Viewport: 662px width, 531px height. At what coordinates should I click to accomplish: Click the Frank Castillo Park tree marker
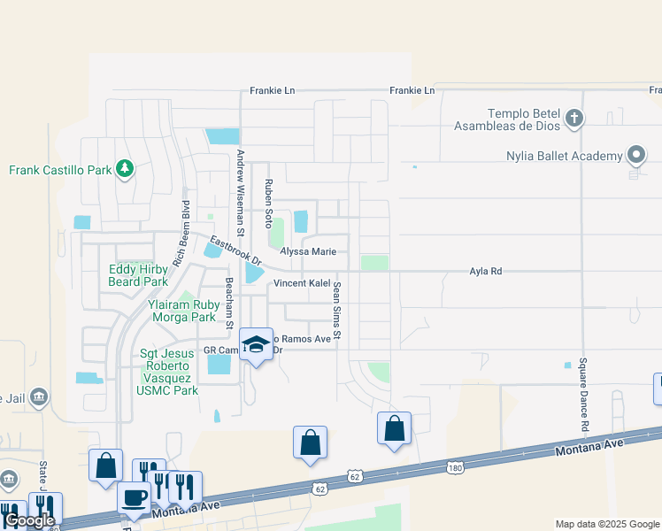coord(125,169)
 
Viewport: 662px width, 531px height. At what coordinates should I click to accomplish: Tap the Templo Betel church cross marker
coord(574,119)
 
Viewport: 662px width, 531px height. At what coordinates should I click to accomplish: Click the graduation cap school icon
coord(256,345)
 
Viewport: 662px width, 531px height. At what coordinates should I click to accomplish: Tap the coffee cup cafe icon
coord(135,498)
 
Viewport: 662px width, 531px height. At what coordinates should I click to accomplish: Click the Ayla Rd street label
coord(485,272)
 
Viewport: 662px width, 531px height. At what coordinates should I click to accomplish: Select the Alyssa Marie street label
coord(308,252)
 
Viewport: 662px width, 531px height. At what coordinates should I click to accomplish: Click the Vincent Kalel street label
coord(301,283)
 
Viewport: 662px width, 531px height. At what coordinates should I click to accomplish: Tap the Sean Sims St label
coord(337,314)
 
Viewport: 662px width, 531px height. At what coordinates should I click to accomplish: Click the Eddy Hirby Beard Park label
coord(138,275)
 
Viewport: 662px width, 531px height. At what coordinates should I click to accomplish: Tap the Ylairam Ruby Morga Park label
coord(181,310)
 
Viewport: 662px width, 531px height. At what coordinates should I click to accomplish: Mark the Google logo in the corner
coord(29,521)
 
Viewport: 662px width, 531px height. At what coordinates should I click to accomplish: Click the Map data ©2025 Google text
coord(606,524)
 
